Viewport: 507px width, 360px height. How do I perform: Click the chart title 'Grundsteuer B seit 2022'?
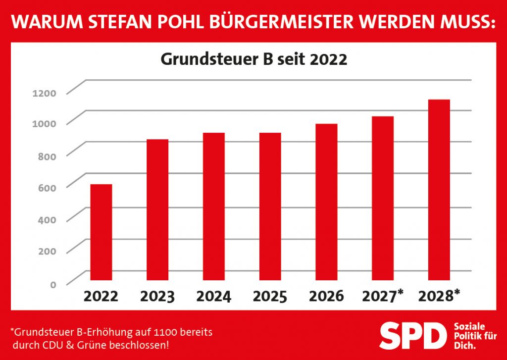click(253, 60)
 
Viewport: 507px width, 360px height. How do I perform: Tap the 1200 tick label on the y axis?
click(45, 93)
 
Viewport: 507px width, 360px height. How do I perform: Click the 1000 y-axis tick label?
click(45, 124)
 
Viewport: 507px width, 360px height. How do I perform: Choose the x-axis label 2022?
click(101, 296)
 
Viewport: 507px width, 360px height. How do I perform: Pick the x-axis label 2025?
click(270, 296)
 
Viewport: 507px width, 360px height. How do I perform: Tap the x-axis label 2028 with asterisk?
click(439, 296)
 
